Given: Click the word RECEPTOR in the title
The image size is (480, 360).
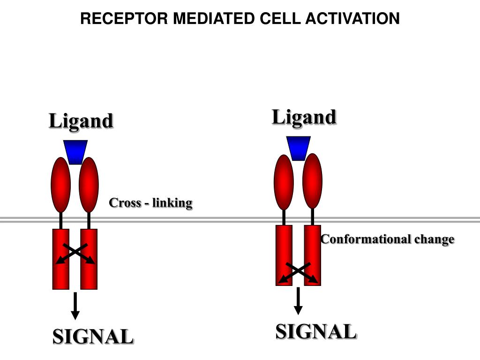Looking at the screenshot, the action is point(124,18).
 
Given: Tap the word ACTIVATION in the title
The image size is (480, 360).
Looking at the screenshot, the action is point(352,18).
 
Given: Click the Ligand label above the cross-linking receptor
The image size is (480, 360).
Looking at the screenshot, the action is point(81,121).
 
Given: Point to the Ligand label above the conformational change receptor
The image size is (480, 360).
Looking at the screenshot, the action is point(304,118).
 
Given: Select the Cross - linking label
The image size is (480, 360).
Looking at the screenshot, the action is point(150,203).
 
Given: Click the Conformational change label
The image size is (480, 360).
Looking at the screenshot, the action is point(388,240).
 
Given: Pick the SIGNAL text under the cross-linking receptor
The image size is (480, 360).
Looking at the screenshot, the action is point(93,337).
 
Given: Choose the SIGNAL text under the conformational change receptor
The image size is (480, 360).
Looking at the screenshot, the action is point(316,332).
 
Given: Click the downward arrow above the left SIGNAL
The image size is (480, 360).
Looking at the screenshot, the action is point(75,306).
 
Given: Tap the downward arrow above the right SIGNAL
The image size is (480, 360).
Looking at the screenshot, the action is point(298,301).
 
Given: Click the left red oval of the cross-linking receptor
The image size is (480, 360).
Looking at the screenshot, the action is point(60,185).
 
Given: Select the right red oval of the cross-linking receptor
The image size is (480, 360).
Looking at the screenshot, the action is point(89,185).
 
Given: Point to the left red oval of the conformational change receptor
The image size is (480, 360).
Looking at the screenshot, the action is point(284,182).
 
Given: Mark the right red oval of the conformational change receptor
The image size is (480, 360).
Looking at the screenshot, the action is point(313,181).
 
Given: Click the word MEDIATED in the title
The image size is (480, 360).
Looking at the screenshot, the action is point(214,18).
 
